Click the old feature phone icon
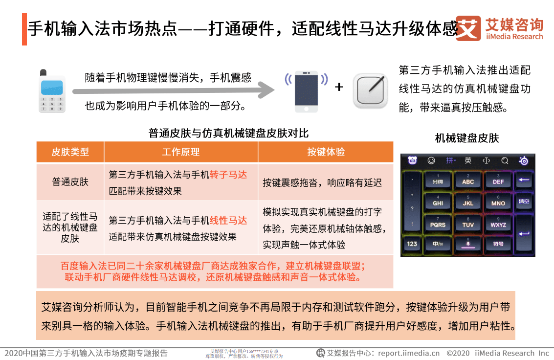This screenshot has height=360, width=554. (51, 91)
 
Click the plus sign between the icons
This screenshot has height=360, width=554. (339, 87)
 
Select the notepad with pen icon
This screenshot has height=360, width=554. (371, 90)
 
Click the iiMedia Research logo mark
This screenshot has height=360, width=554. (468, 28)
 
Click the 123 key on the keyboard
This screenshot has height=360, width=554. (412, 244)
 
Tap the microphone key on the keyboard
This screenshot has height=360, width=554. (468, 243)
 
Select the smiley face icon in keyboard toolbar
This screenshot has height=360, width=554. (431, 160)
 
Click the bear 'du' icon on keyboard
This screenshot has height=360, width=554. (412, 160)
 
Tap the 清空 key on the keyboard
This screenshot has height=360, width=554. (524, 202)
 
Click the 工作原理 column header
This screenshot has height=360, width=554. (181, 152)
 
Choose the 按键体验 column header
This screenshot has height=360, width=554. (326, 152)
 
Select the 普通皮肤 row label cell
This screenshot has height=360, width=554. (70, 182)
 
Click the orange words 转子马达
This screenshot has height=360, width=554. (228, 175)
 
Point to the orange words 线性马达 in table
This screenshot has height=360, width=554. (228, 221)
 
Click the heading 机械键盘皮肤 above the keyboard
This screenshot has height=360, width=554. (467, 138)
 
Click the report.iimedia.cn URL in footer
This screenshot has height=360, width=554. (409, 353)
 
